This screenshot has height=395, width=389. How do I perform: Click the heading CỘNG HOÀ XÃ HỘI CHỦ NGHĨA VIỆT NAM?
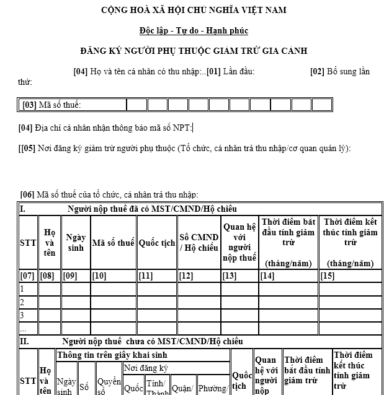194,10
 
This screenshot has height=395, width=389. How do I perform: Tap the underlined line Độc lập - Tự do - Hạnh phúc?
194,30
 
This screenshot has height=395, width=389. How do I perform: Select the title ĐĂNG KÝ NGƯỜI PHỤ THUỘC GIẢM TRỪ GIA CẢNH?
194,51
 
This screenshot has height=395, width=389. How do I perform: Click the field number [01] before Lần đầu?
214,71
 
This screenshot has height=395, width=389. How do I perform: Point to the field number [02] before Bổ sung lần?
317,71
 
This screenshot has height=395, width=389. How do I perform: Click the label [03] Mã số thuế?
52,105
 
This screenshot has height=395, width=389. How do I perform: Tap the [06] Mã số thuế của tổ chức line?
109,194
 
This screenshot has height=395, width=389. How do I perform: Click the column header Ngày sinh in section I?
75,243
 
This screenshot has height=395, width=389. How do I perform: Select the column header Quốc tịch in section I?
156,243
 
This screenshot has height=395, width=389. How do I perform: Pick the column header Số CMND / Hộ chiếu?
199,243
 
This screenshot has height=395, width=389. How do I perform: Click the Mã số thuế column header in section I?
113,243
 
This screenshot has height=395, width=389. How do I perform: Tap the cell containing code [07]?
27,276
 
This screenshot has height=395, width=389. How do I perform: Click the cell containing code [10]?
99,276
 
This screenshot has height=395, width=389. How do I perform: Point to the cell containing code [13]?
230,276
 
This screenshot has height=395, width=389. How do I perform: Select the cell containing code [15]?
327,276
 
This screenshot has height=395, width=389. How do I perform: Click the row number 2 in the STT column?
22,302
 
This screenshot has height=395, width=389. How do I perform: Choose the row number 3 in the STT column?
22,315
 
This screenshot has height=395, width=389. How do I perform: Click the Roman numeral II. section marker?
24,341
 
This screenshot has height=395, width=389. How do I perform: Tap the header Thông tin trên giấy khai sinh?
112,355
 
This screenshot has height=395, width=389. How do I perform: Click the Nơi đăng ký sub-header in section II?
146,368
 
